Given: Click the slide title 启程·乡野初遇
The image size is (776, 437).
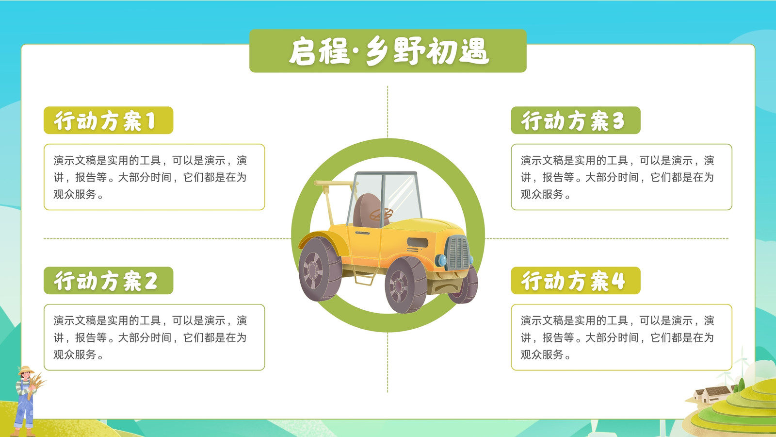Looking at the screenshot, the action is pos(388,51).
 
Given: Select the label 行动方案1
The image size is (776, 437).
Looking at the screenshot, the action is pos(105,121).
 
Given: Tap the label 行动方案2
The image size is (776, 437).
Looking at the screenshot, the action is pos(106,281).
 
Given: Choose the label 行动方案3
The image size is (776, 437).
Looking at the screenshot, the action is pos(573,121).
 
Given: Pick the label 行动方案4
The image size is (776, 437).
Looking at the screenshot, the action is pos(573,281).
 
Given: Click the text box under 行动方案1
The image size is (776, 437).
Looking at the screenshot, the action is pos(154,177).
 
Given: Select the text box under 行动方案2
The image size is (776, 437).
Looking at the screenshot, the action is pos(154,337).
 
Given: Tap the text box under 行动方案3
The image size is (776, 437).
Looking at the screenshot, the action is pos(621,177).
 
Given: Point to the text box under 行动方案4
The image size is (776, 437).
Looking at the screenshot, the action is pos(621,337).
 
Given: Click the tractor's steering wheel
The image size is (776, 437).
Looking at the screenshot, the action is pos(381,214).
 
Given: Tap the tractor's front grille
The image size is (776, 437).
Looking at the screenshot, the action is pos(457,252).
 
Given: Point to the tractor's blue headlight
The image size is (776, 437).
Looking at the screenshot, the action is pos(441,260).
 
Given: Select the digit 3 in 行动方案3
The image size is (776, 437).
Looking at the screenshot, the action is pos(618,121).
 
